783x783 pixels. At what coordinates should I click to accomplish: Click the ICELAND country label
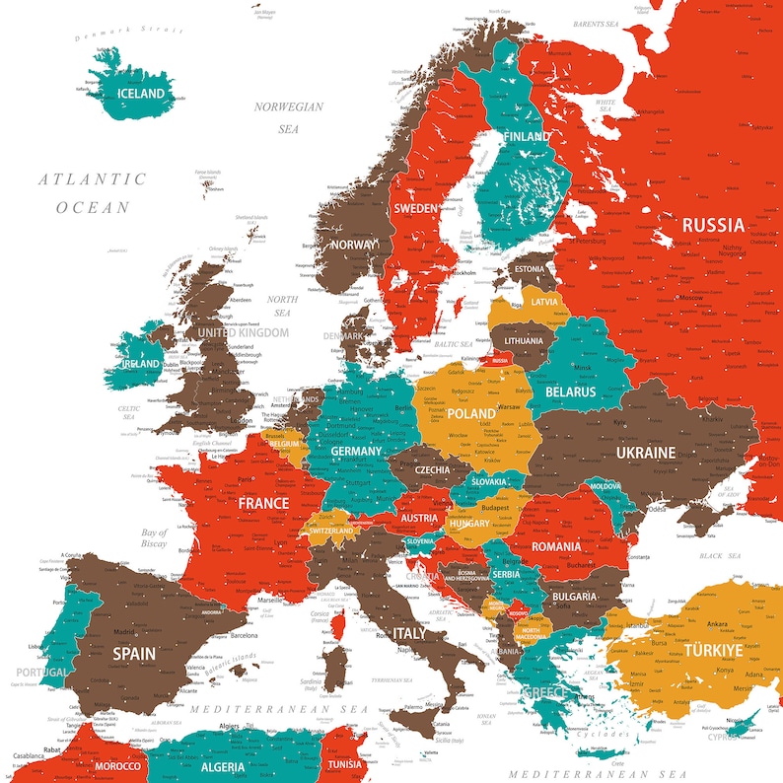tap(141, 94)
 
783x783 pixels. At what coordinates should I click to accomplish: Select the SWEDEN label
tap(416, 208)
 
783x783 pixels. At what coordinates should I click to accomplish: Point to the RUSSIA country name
tap(713, 224)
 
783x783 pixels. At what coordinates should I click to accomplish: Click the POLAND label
tap(471, 413)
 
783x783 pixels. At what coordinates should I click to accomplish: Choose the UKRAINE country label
tap(646, 453)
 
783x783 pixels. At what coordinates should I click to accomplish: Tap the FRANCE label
tap(263, 502)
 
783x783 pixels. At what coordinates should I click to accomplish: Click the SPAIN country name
tap(133, 653)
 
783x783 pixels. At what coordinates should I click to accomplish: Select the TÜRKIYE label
tap(714, 651)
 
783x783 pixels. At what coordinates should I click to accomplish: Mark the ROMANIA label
tap(556, 545)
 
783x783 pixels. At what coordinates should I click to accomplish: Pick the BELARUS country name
tap(571, 391)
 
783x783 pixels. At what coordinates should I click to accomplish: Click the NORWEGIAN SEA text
tap(288, 117)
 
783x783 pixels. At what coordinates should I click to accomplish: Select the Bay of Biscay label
tap(154, 537)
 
